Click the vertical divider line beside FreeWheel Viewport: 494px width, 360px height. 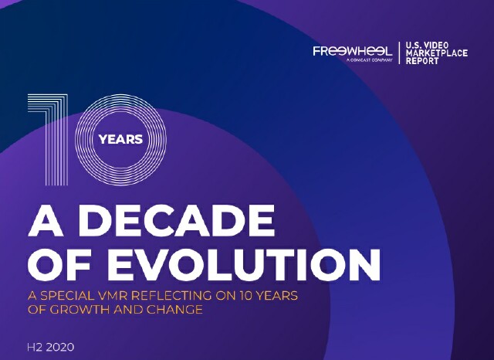coord(398,53)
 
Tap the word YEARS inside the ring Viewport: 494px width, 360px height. coord(121,140)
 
